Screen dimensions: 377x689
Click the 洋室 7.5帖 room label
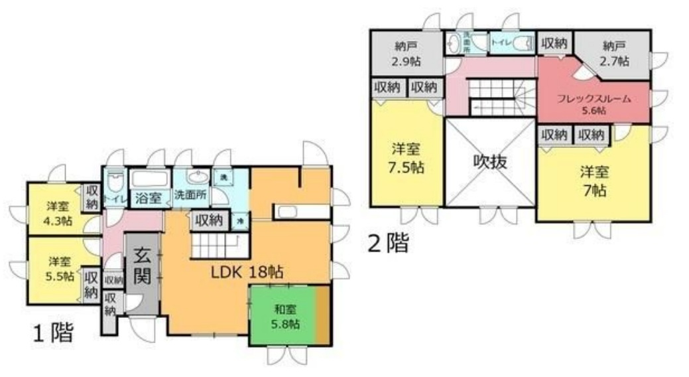(x=407, y=158)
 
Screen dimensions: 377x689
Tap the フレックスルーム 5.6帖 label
(x=593, y=104)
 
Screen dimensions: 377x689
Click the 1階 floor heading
(x=53, y=333)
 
